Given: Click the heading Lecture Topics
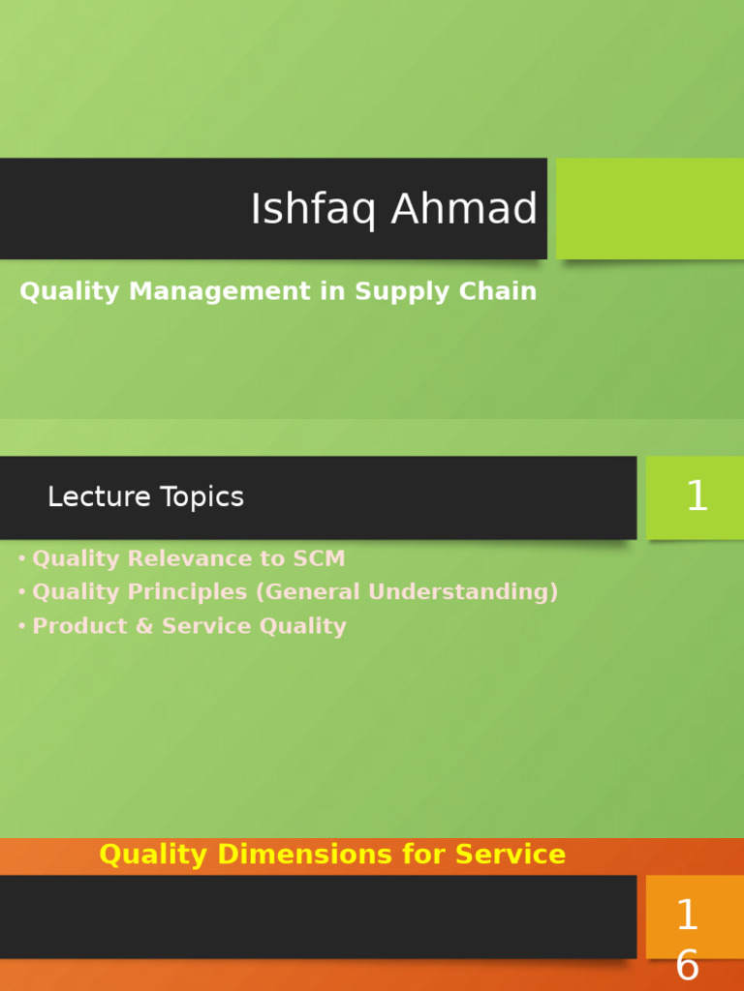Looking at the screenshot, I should point(145,497).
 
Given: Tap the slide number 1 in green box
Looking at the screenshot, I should point(697,497).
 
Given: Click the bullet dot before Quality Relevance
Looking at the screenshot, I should point(21,559).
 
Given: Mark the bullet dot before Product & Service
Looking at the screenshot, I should point(21,627).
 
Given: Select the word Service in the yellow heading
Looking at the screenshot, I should point(511,855).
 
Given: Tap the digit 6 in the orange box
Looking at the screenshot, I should point(687,966).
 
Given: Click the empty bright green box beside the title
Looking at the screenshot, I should point(650,208).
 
